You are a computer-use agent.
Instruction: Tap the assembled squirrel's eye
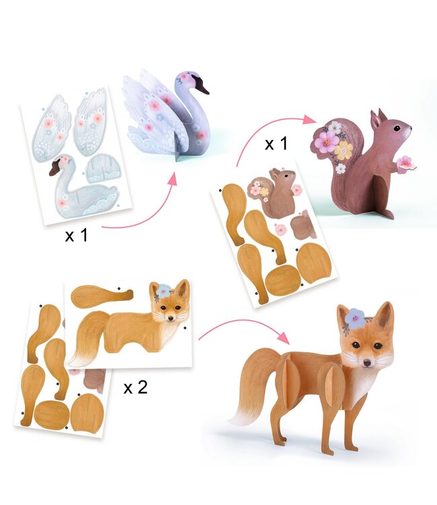399,129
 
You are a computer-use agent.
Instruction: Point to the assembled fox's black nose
367,364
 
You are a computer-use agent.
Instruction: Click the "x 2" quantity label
135,386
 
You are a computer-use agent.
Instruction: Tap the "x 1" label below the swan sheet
76,235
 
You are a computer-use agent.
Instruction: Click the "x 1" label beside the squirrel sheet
276,143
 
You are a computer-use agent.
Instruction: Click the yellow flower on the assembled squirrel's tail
344,149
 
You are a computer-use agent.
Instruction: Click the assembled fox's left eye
356,345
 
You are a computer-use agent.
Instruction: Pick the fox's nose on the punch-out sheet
170,318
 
